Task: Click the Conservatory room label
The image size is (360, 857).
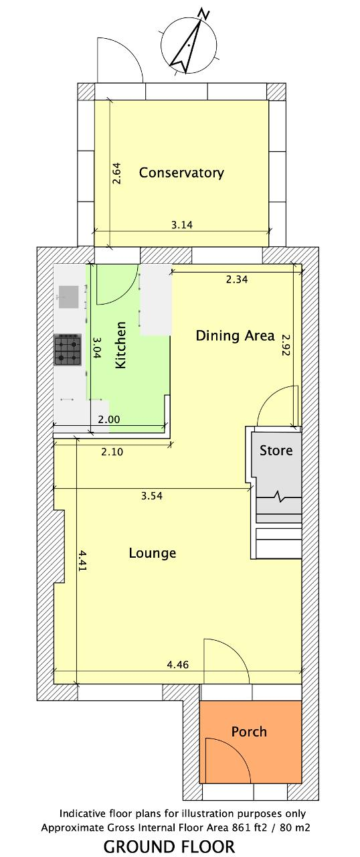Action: (181, 173)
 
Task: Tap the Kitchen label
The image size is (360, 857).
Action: (120, 345)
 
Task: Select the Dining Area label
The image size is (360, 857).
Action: (235, 335)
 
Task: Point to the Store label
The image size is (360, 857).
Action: (276, 451)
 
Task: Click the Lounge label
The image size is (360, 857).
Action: (153, 553)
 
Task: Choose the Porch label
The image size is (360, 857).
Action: (249, 732)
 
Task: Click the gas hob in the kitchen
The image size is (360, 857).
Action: (68, 349)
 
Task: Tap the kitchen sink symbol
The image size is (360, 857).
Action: (69, 297)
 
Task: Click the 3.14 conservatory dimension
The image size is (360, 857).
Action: (181, 224)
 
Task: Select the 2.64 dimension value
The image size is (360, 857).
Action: (116, 173)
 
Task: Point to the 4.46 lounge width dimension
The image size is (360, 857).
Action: (178, 664)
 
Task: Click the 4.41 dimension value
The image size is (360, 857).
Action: (82, 561)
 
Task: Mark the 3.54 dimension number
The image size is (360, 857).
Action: (152, 496)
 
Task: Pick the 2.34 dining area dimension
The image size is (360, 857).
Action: (237, 280)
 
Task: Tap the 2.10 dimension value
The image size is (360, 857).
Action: (112, 452)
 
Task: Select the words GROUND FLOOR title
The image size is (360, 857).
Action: (169, 846)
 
